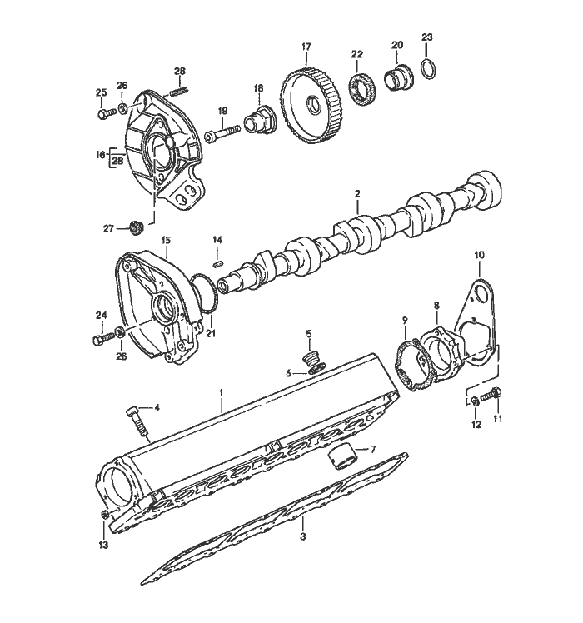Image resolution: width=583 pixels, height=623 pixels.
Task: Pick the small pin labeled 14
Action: pyautogui.click(x=218, y=262)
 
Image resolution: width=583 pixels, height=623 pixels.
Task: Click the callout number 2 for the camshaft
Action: pyautogui.click(x=356, y=194)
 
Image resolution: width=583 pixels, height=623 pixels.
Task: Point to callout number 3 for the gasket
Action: pyautogui.click(x=303, y=538)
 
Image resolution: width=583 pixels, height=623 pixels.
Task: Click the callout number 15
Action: pyautogui.click(x=165, y=240)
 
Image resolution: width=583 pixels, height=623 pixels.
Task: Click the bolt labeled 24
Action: pyautogui.click(x=101, y=337)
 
